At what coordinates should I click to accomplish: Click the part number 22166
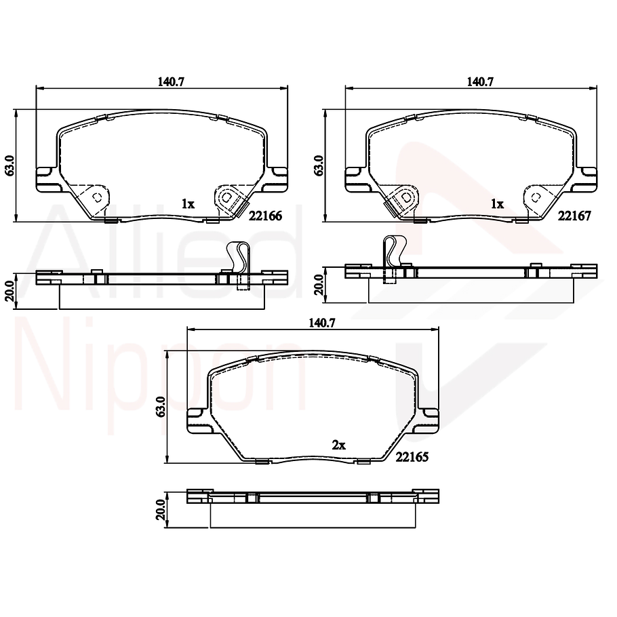(x=266, y=216)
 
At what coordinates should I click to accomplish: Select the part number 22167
(x=575, y=216)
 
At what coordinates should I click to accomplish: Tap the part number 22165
(x=412, y=458)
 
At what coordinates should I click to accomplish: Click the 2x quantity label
(x=339, y=445)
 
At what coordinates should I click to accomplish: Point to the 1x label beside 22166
(x=188, y=203)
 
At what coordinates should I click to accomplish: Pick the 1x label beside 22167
(x=498, y=203)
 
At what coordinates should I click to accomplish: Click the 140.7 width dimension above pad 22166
(x=171, y=81)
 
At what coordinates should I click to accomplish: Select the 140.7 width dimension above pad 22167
(x=479, y=81)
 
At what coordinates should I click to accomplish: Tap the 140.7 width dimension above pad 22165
(x=322, y=323)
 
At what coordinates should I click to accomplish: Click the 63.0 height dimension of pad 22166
(x=9, y=165)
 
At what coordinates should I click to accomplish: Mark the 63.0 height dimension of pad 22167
(x=319, y=165)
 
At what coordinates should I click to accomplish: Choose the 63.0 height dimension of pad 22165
(x=161, y=407)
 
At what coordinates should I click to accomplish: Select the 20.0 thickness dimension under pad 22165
(x=161, y=510)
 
